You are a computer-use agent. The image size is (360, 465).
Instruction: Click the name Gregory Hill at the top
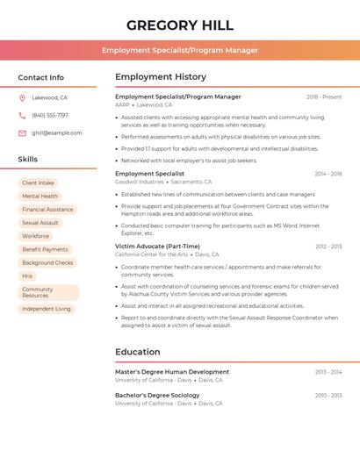(x=179, y=24)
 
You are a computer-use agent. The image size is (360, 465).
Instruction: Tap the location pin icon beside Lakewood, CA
(x=22, y=97)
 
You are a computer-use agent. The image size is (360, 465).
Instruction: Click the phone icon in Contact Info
(x=22, y=115)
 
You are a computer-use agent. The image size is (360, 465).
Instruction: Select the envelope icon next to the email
(x=22, y=133)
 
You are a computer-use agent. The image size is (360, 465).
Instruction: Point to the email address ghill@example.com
(x=56, y=133)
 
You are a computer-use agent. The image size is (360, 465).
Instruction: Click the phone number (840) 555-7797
(x=50, y=115)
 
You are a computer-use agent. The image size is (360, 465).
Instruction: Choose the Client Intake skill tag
(x=38, y=183)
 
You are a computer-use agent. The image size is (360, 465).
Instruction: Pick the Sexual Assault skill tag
(x=40, y=223)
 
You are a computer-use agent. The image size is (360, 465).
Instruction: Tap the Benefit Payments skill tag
(x=45, y=249)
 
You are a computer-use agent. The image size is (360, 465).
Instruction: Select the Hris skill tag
(x=27, y=275)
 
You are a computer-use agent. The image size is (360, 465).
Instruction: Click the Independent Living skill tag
(x=47, y=309)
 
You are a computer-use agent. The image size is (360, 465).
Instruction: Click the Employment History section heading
(x=161, y=77)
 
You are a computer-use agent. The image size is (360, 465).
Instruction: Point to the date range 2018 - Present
(x=324, y=97)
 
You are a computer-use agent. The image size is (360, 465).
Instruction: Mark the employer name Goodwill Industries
(x=140, y=182)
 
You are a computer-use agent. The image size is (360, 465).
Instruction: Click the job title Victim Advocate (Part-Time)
(x=157, y=247)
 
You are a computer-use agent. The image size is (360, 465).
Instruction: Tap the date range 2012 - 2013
(x=328, y=247)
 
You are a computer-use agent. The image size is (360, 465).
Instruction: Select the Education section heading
(x=138, y=352)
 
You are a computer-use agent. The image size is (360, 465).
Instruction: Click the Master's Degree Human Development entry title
(x=172, y=372)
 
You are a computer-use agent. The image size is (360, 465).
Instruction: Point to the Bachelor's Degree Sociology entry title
(x=157, y=396)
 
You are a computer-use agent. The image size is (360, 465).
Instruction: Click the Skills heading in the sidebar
(x=28, y=160)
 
